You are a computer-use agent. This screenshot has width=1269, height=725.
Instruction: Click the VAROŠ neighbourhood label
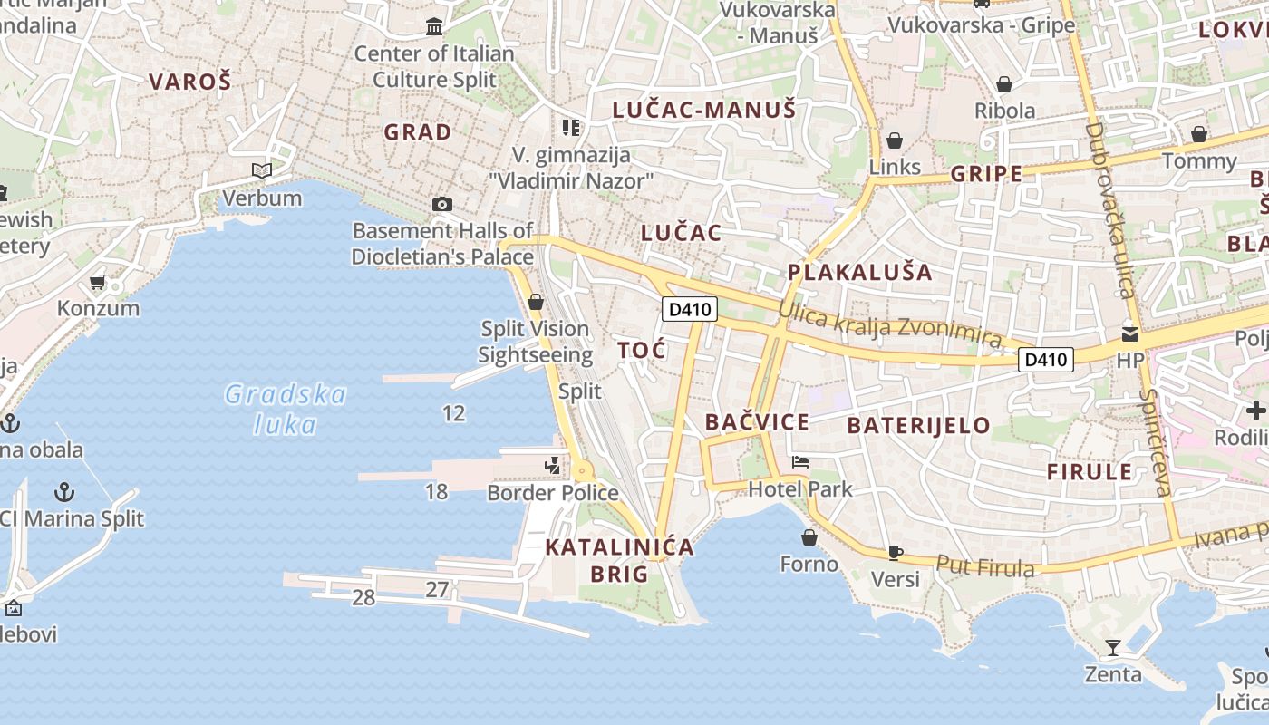190,82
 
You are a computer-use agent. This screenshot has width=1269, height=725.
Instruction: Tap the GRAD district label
417,132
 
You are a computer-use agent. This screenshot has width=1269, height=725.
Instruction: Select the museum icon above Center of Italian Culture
434,27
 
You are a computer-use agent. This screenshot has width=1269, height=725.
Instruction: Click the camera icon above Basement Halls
442,204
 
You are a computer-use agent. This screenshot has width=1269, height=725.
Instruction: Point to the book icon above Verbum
262,170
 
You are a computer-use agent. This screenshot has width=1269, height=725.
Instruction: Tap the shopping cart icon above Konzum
98,283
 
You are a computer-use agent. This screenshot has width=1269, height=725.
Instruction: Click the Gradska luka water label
286,409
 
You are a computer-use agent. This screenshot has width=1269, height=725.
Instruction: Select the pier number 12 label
453,414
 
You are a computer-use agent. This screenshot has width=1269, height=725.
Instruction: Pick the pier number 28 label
363,597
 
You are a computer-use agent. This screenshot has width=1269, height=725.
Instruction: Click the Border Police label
553,493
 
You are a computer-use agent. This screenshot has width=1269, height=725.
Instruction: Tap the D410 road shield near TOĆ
690,310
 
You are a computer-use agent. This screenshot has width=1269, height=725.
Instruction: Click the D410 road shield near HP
1046,360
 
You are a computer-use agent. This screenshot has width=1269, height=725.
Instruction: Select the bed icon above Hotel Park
800,462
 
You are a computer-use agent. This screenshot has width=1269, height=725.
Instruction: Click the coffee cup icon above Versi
896,553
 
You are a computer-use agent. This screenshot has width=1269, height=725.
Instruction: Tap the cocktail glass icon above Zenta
1113,647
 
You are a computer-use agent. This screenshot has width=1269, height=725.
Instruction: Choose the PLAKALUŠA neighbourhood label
859,272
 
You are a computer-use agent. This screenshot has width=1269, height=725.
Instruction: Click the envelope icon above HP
1130,333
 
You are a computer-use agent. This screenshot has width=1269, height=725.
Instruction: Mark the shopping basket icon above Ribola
1004,84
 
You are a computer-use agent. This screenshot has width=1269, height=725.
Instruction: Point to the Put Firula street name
985,567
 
